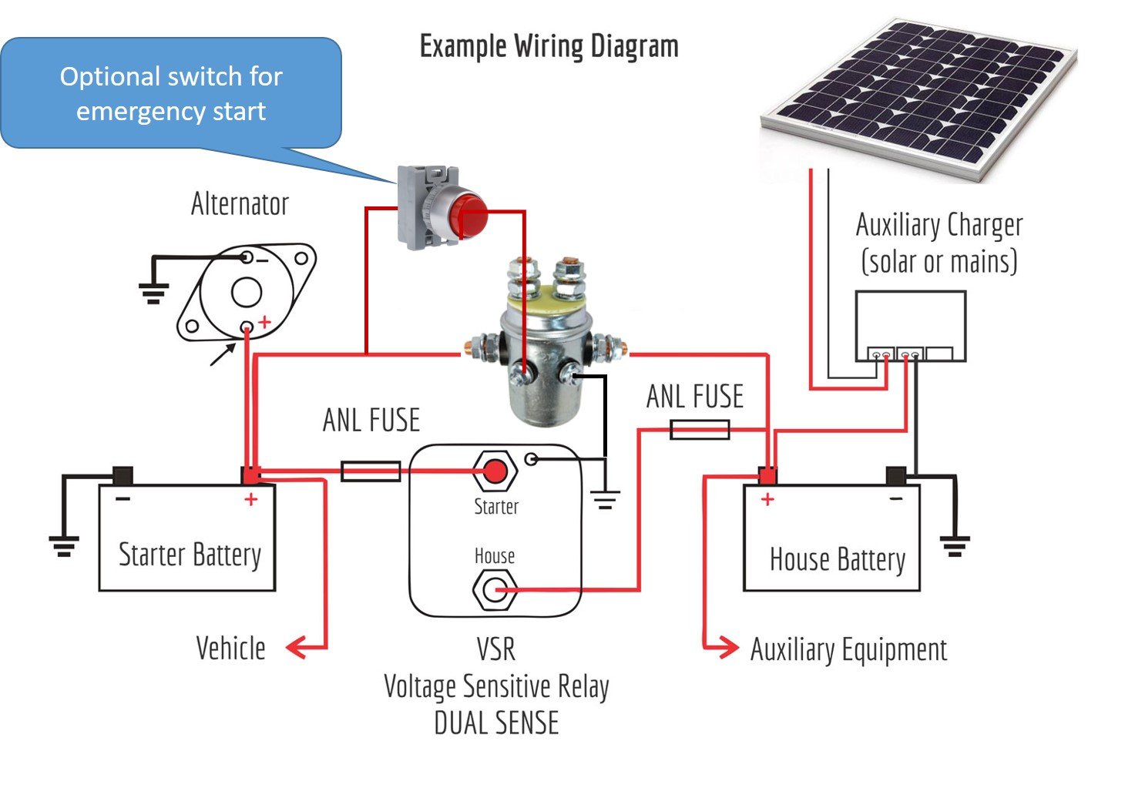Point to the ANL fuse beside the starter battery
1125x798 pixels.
click(x=371, y=471)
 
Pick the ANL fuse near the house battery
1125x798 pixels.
click(x=700, y=430)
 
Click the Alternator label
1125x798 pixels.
click(x=240, y=204)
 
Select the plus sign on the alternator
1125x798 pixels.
click(x=264, y=322)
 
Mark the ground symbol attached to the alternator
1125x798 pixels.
click(x=153, y=293)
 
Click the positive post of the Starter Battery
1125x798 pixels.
click(x=251, y=475)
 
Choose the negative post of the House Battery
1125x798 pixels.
click(x=895, y=476)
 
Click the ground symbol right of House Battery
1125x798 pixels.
click(x=954, y=546)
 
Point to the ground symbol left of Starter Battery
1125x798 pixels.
click(x=63, y=546)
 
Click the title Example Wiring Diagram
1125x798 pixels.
click(x=549, y=46)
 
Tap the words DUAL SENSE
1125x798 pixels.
click(x=496, y=723)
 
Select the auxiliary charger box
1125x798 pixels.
click(x=910, y=326)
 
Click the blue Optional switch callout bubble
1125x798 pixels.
click(x=171, y=93)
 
